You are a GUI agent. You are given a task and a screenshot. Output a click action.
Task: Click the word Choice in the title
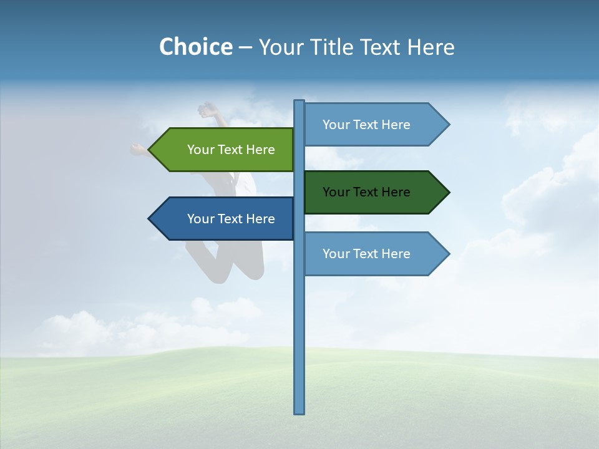tap(195, 47)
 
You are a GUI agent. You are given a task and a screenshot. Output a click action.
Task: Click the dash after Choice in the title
tap(245, 48)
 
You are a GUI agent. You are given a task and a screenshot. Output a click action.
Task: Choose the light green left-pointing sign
tap(225, 150)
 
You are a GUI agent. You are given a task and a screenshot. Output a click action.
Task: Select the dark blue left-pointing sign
tap(225, 219)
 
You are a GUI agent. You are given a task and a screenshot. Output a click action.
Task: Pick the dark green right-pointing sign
tap(371, 192)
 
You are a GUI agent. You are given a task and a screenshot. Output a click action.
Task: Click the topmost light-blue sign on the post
tap(371, 125)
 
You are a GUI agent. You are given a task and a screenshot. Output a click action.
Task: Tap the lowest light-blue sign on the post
tap(371, 254)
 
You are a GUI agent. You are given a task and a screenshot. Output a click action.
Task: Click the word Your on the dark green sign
tap(335, 192)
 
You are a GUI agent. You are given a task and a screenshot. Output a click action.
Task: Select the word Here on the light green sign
tap(260, 150)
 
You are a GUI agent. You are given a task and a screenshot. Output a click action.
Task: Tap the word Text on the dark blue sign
tap(230, 219)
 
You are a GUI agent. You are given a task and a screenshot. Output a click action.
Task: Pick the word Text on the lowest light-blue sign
tap(366, 254)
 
